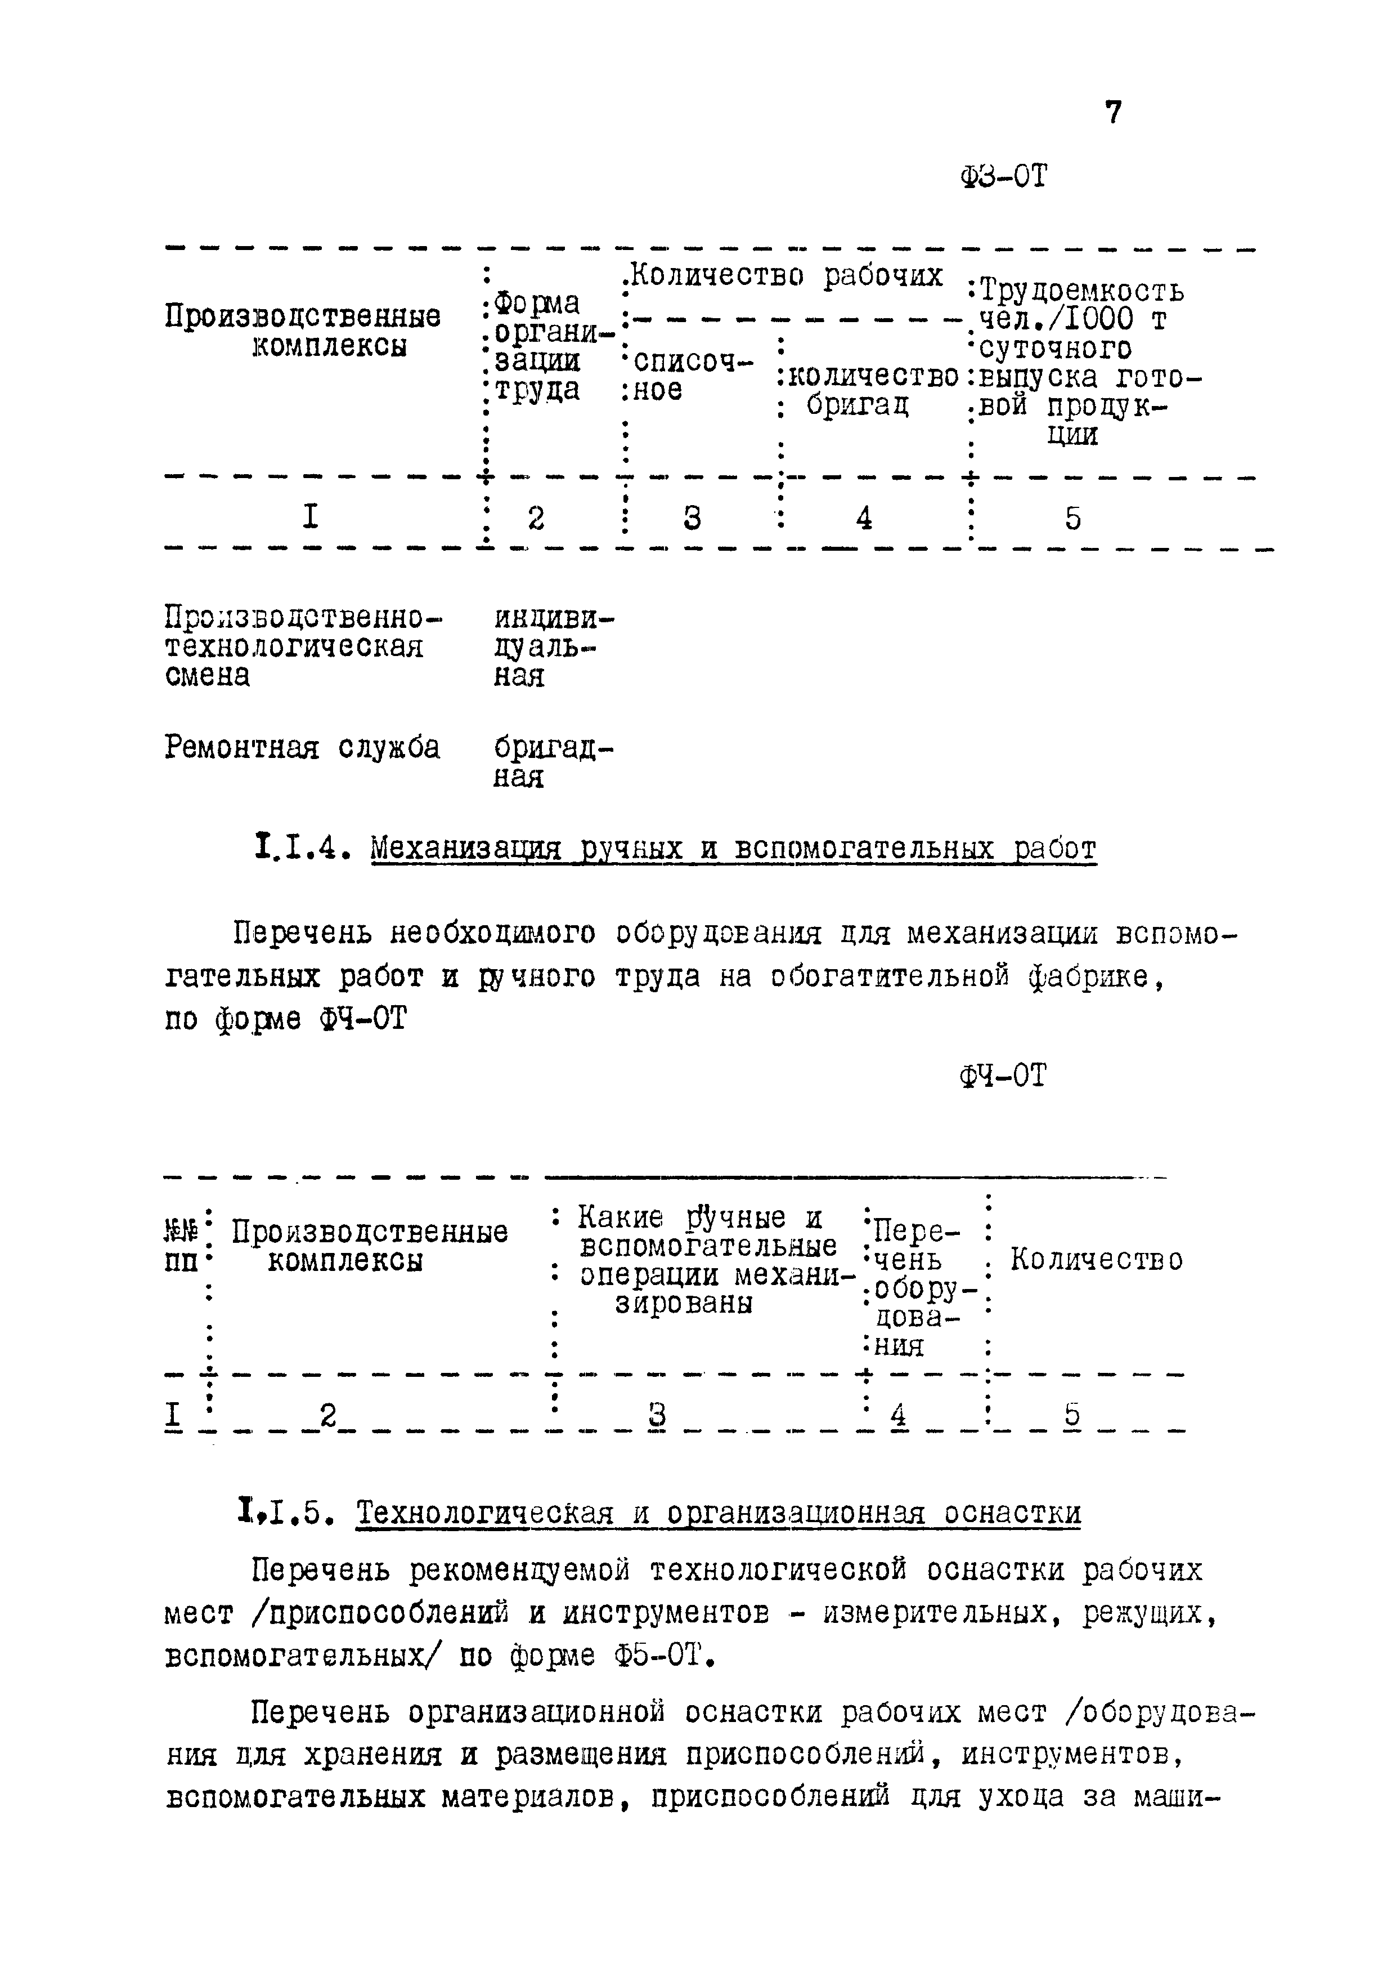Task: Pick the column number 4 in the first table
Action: point(864,518)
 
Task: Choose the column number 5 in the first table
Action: point(1072,518)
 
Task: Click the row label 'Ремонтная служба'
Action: point(302,747)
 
